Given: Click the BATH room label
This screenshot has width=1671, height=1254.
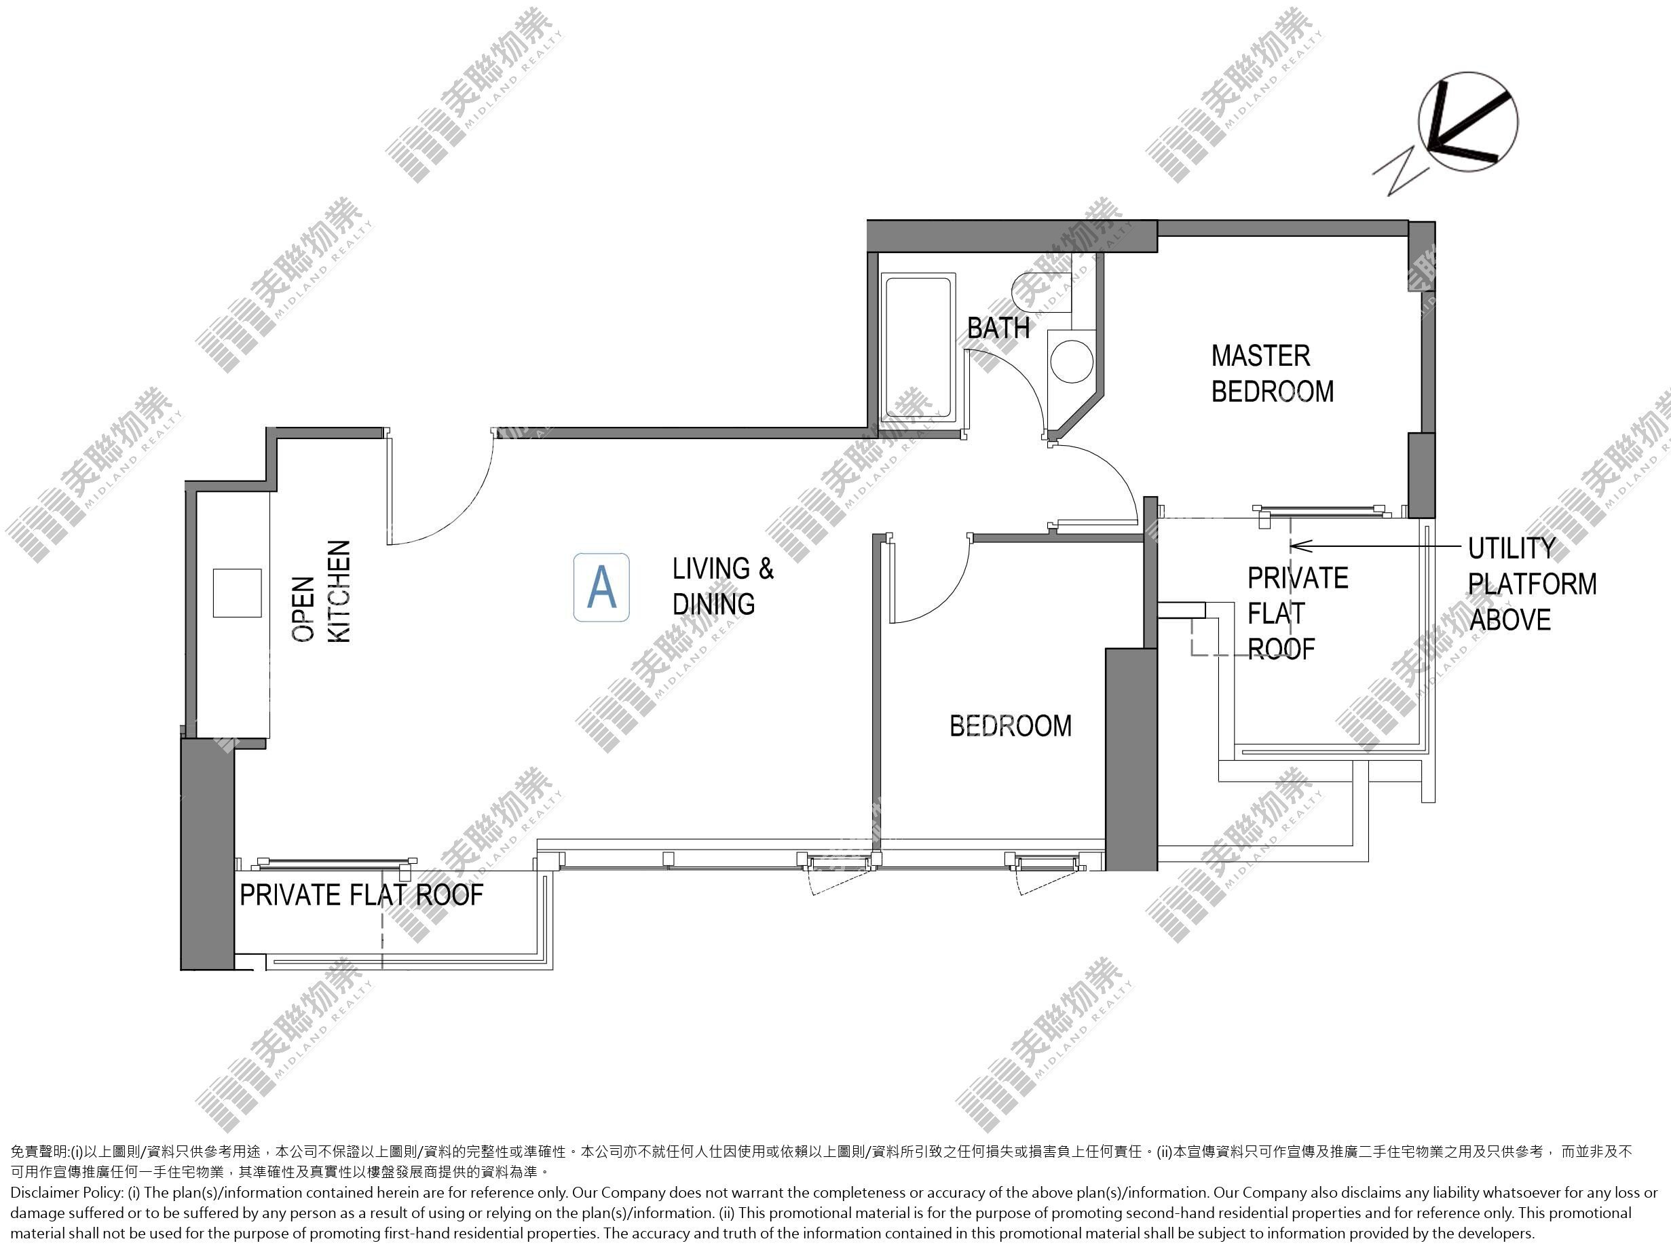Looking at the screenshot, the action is click(998, 328).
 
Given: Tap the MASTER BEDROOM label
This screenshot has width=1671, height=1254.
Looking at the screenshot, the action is click(1272, 373).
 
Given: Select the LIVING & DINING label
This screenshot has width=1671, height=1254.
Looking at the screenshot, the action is click(723, 586).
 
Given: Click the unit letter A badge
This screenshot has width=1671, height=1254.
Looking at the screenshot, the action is click(601, 587).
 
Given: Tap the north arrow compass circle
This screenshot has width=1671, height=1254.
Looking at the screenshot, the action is click(1468, 121).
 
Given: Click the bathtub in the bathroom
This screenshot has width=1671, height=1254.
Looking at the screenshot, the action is click(918, 351).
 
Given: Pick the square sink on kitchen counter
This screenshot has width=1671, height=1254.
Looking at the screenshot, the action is click(237, 593).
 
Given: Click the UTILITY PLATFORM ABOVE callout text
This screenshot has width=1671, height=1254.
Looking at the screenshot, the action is click(1532, 584).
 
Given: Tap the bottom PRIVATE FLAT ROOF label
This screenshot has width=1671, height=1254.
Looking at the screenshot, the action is click(361, 894).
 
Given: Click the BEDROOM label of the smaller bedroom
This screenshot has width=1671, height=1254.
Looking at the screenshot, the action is click(1010, 726).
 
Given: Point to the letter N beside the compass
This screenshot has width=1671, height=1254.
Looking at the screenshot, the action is click(1402, 172).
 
